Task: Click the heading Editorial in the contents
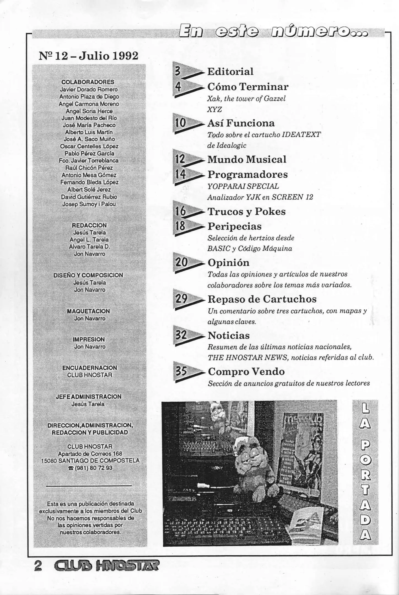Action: [x=230, y=72]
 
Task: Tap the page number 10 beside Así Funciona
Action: [x=181, y=123]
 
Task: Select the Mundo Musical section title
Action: [x=247, y=159]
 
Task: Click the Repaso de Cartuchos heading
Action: [x=262, y=299]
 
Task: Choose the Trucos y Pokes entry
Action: [x=246, y=212]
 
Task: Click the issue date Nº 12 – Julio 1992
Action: [x=88, y=56]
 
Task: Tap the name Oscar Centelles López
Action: [x=89, y=146]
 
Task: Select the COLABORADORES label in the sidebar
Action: [x=88, y=82]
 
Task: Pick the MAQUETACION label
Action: [x=88, y=311]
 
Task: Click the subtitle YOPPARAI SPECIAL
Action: [x=243, y=186]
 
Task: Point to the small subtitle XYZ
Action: [x=214, y=110]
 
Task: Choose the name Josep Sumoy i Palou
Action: [x=89, y=204]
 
